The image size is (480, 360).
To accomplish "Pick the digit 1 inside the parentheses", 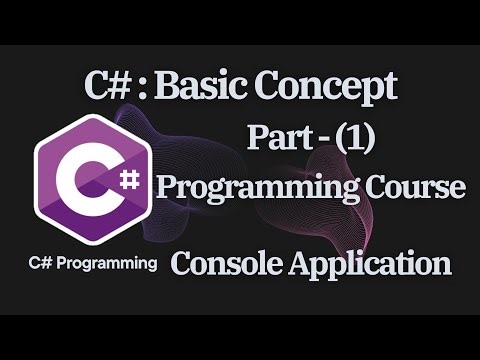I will (356, 139).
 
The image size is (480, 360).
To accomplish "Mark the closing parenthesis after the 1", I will (369, 139).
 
